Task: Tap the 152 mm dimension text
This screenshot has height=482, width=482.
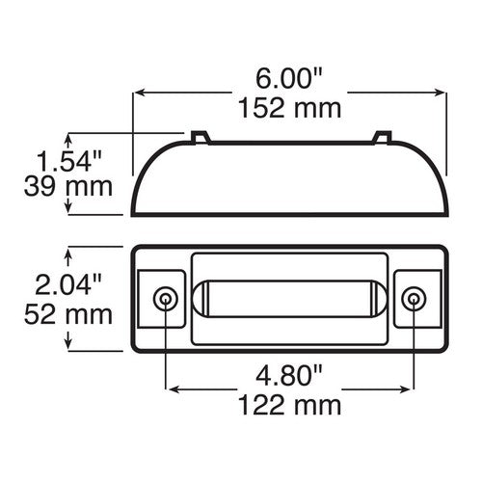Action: coord(289,107)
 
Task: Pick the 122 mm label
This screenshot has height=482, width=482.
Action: coord(290,402)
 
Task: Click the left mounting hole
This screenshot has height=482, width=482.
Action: coord(166,298)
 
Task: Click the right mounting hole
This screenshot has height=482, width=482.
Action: coord(413,298)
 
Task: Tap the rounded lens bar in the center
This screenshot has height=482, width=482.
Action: coord(290,298)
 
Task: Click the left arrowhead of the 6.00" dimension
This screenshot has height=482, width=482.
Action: coord(136,94)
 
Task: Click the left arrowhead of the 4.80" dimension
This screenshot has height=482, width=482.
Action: coord(172,388)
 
